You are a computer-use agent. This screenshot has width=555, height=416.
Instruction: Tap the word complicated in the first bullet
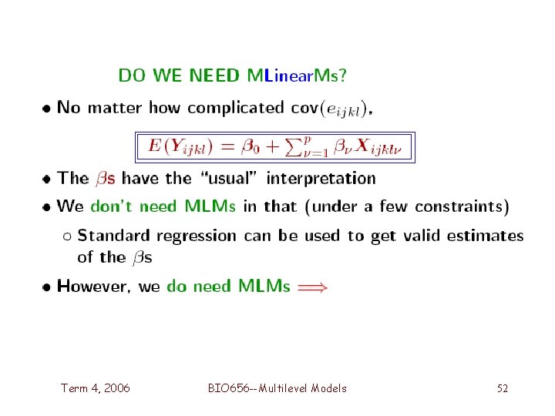coord(235,107)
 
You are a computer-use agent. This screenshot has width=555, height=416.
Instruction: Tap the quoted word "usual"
coord(229,178)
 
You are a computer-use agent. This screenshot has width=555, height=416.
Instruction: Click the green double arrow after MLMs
coord(312,287)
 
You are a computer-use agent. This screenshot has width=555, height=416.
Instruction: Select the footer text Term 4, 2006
coord(96,388)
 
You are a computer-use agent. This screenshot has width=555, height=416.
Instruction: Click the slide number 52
coord(502,388)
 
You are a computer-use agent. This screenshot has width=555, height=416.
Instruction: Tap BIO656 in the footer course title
coord(228,388)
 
